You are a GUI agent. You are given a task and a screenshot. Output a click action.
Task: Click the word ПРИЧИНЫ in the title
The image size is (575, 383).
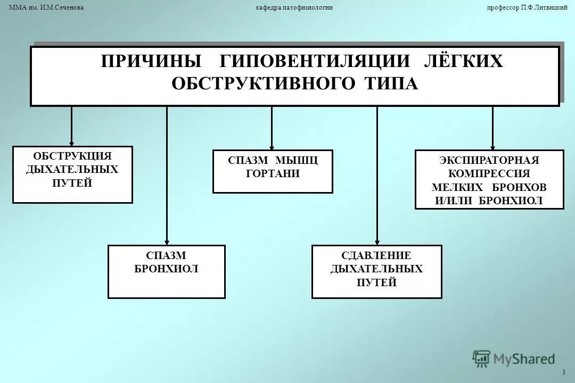(151, 61)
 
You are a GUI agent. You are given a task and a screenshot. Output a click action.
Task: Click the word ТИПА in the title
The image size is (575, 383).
(391, 84)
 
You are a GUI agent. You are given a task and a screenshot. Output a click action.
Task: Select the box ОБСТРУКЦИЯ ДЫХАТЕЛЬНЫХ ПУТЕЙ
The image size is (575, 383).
(72, 174)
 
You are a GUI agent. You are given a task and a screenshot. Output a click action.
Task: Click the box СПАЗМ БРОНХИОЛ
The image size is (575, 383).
(166, 271)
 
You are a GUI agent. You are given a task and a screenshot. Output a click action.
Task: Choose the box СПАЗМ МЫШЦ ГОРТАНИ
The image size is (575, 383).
(273, 171)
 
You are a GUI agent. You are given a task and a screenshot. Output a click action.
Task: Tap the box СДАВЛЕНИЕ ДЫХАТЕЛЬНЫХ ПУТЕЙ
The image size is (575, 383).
(376, 271)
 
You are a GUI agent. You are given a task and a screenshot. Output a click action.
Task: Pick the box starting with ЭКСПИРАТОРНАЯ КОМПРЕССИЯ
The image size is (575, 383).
(489, 179)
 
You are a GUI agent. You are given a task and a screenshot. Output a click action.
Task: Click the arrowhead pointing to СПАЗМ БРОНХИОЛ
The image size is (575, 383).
(167, 241)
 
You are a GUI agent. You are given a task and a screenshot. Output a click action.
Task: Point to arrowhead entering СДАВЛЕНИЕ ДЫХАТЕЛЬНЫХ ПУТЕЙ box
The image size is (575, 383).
(377, 241)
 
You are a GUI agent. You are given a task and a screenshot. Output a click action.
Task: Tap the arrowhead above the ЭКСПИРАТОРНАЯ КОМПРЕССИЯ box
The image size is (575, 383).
(492, 147)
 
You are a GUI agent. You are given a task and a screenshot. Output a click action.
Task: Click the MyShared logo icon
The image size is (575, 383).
(481, 359)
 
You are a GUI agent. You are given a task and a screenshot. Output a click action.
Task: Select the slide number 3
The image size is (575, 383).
(563, 371)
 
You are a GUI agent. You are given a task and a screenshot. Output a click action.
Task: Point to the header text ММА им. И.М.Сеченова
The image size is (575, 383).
(47, 7)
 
